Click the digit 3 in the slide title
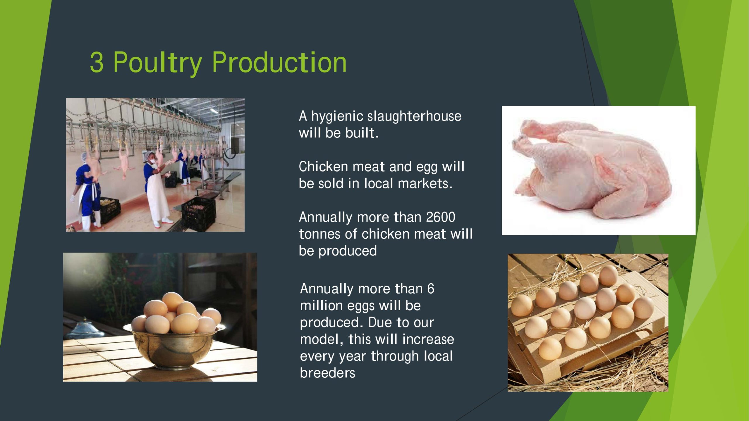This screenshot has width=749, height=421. point(97,62)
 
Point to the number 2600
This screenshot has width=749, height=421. point(441,217)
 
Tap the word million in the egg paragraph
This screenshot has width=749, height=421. point(321,306)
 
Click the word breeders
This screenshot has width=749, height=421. point(327,373)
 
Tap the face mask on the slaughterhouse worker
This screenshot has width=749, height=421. point(152,161)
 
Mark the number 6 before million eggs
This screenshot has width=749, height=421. point(430,289)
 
